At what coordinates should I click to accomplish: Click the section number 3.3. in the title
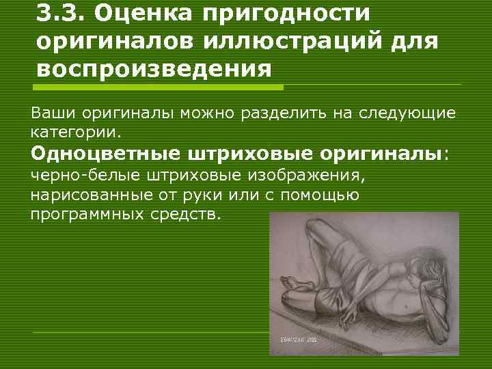coord(61,14)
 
